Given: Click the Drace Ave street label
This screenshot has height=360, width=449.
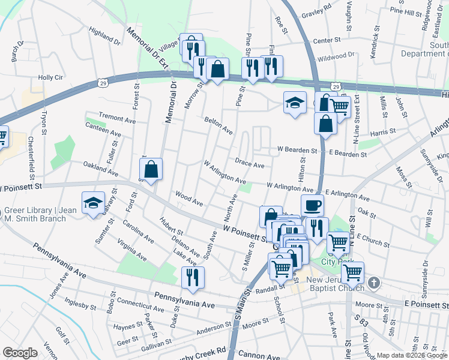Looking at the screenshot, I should (x=249, y=164).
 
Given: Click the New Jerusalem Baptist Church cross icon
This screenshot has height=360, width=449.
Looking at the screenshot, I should (x=373, y=282).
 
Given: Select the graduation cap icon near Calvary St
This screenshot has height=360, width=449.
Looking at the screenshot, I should (x=93, y=204).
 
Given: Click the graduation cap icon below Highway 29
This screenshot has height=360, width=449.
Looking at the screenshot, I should (x=295, y=103).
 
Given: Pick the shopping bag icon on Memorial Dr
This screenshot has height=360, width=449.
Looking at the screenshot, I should (x=152, y=170).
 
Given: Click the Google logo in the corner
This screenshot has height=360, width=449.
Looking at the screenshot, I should (x=19, y=353).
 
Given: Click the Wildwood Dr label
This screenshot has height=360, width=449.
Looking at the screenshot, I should (x=336, y=57).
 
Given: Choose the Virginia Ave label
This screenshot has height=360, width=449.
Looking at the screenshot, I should (x=132, y=250).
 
